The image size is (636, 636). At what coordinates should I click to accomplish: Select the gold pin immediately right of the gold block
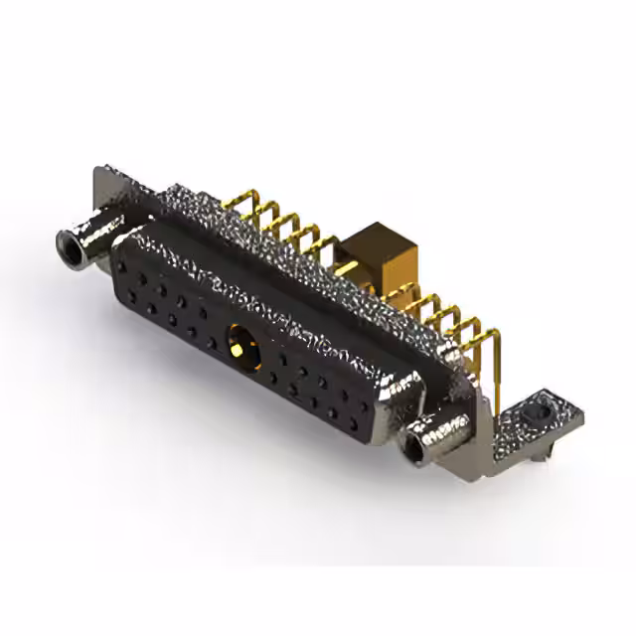click(412, 298)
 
